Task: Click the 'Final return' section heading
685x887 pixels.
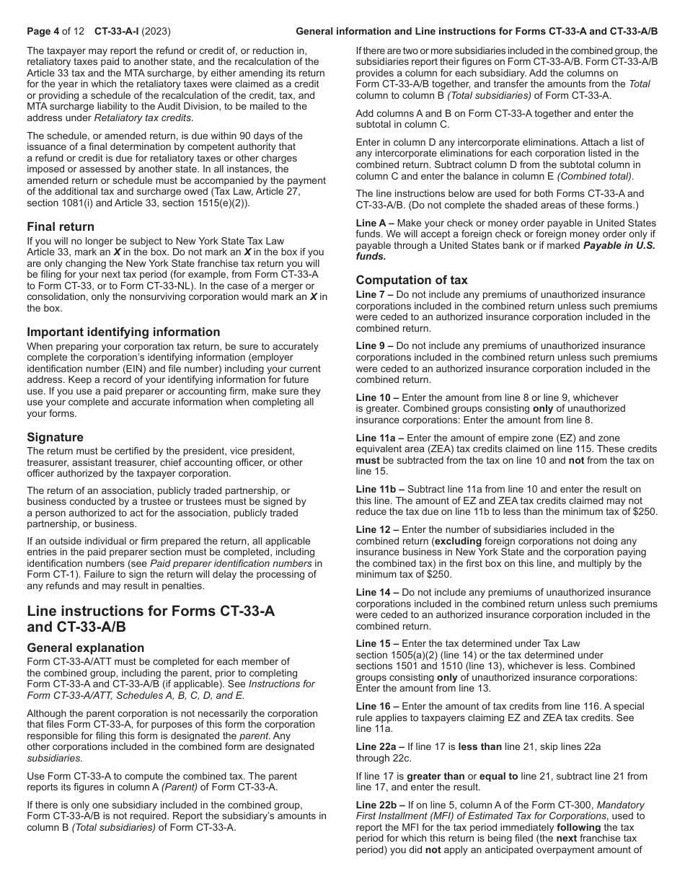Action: point(61,226)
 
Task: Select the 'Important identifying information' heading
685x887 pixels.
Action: point(123,332)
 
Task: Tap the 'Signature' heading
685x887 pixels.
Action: point(55,437)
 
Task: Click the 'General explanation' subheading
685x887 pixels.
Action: point(85,648)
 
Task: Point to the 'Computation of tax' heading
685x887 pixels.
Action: point(412,280)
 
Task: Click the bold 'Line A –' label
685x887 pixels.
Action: point(374,223)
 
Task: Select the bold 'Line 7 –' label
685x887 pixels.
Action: point(374,294)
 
